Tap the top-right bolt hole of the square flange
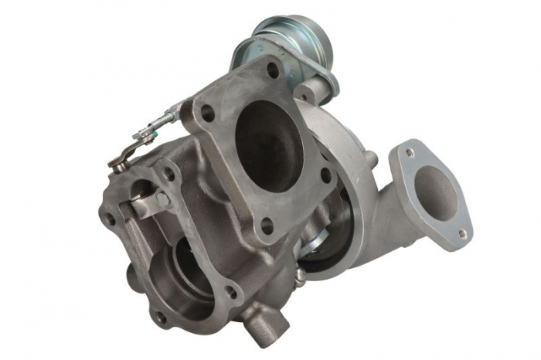272,70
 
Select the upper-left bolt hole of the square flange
208,113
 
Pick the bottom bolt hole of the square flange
267,226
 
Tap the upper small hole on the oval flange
410,153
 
